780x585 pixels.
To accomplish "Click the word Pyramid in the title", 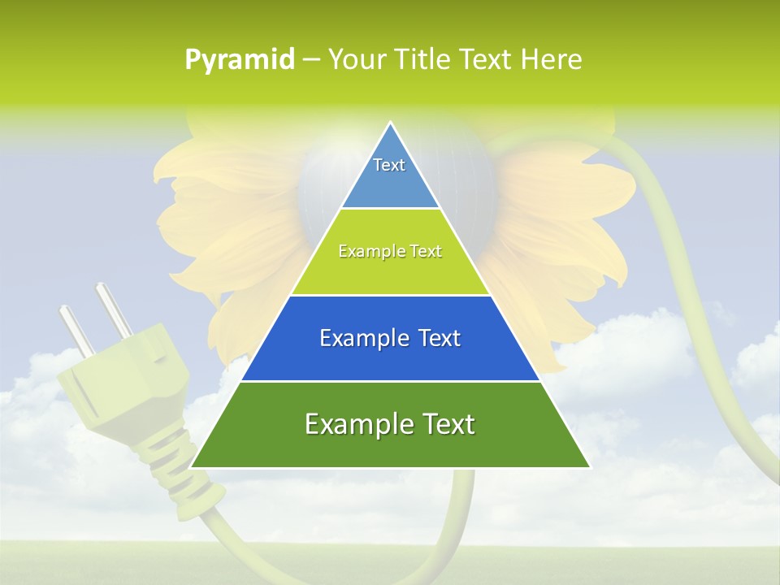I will click(239, 60).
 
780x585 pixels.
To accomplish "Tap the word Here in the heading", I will click(552, 60).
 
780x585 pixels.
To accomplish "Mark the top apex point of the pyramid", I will click(391, 123).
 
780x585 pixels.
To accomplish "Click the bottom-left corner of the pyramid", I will click(192, 467).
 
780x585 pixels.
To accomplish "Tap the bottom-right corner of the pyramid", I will click(589, 467).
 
